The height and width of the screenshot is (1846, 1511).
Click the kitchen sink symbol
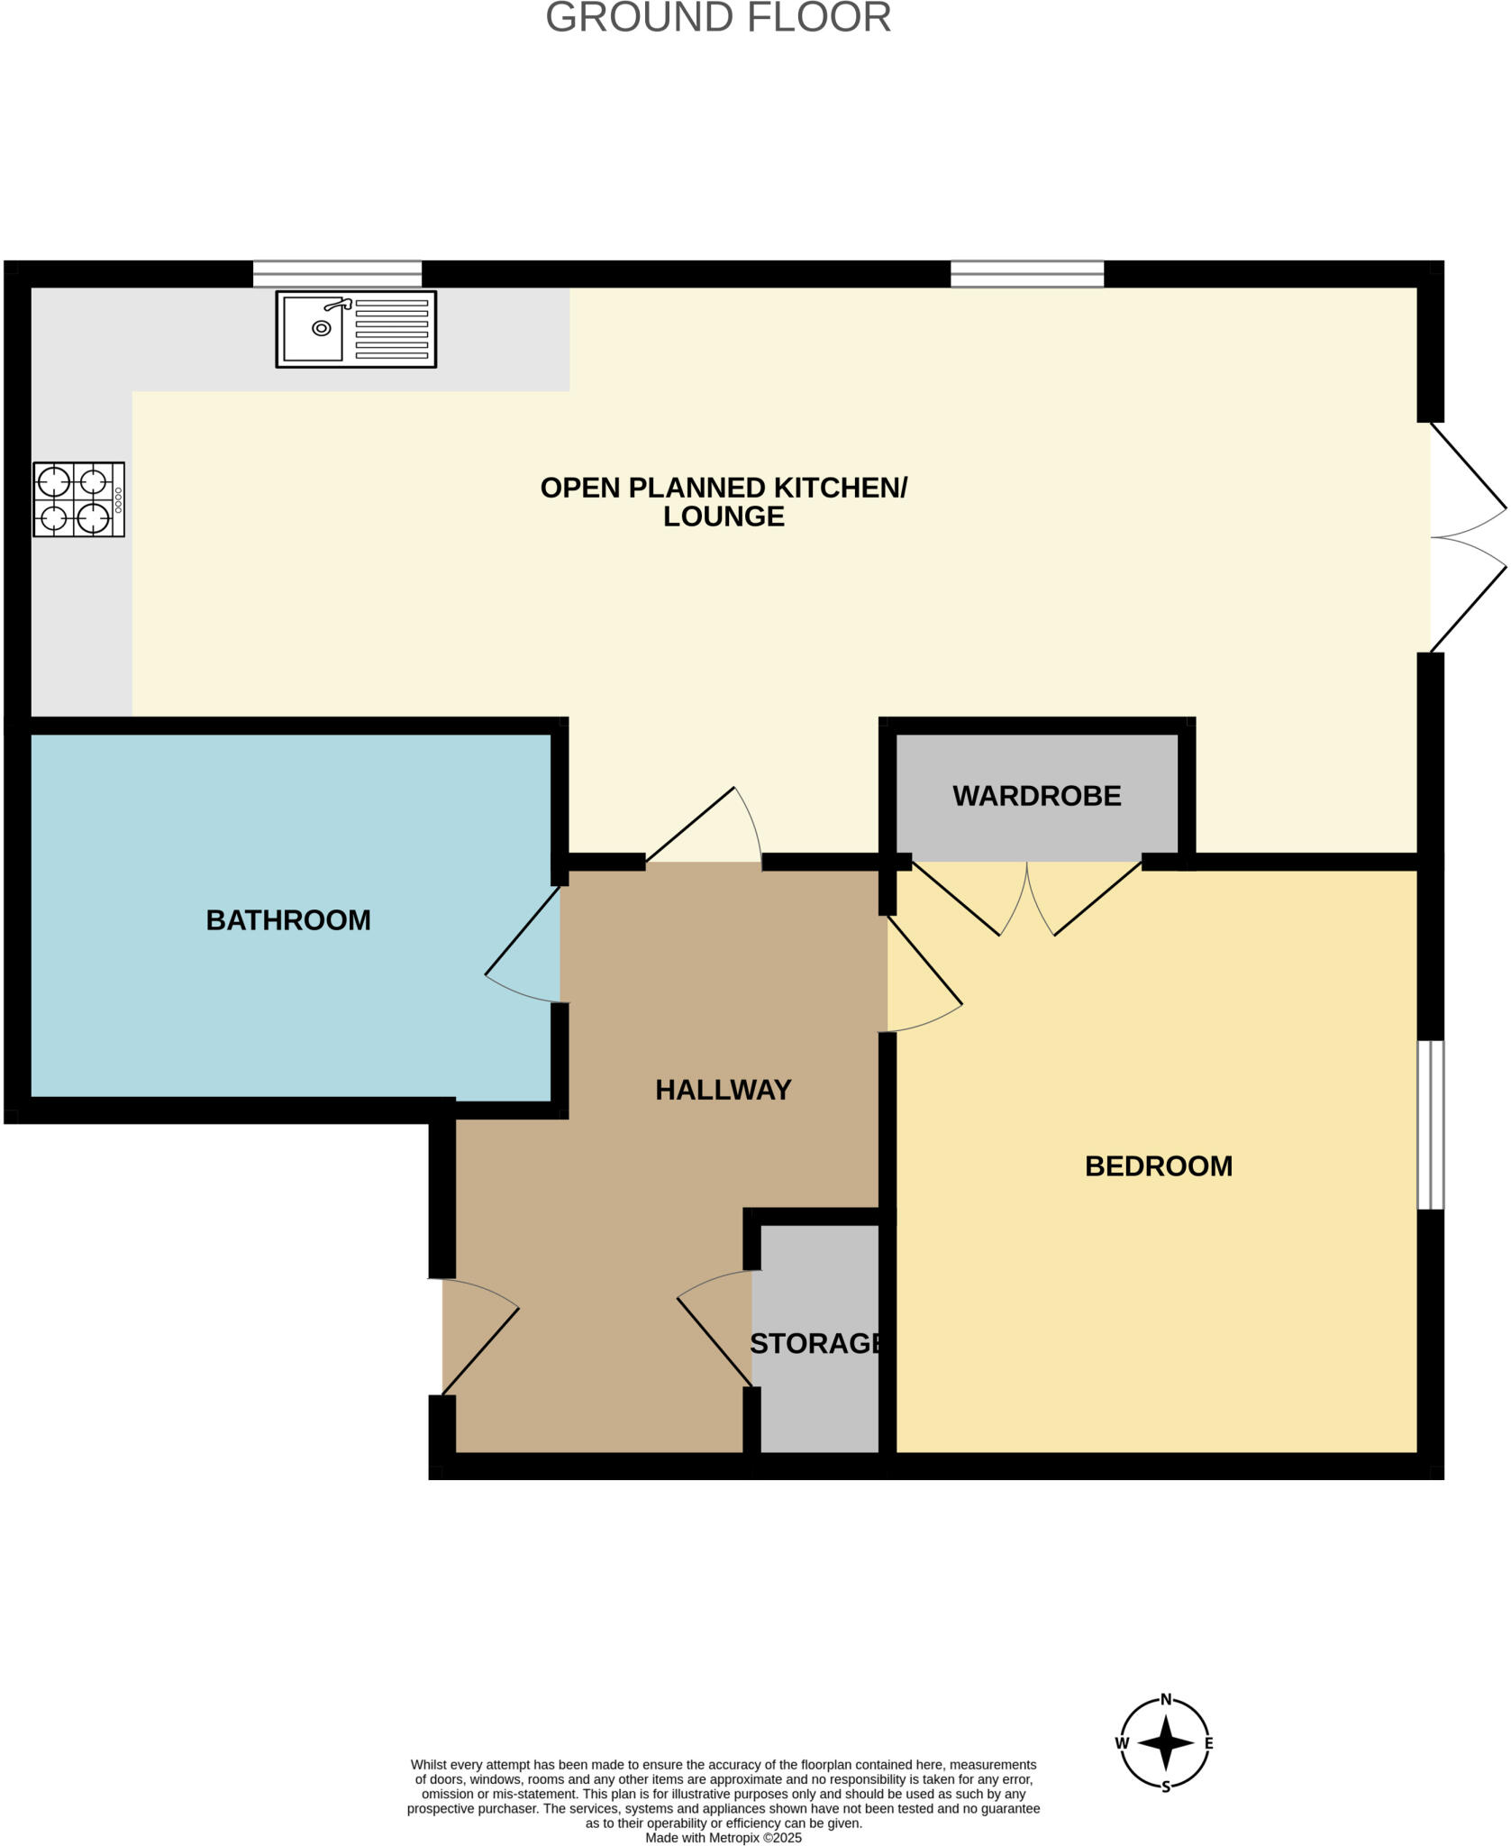(x=355, y=329)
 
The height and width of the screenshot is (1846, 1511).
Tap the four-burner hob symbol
(x=78, y=499)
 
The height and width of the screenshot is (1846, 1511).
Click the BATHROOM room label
(x=288, y=919)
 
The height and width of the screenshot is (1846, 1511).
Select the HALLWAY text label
(x=723, y=1090)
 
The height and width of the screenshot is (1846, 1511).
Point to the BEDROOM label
(x=1158, y=1165)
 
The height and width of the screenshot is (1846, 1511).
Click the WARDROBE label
(x=1036, y=796)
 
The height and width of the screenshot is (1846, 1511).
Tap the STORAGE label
(x=815, y=1343)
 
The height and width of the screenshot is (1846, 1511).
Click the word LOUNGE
(x=724, y=516)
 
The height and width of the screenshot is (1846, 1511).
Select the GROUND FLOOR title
(x=718, y=18)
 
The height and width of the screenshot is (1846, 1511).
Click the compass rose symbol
(x=1165, y=1743)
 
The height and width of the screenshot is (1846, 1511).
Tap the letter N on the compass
(x=1165, y=1700)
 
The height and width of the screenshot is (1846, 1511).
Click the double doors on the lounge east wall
(x=1467, y=537)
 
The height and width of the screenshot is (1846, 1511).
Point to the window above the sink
(x=337, y=273)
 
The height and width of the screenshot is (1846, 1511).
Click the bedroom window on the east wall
(x=1430, y=1124)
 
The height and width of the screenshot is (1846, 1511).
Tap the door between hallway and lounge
(x=703, y=827)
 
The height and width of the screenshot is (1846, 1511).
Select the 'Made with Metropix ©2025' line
(x=723, y=1838)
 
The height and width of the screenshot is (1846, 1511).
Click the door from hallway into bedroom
(x=924, y=973)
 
